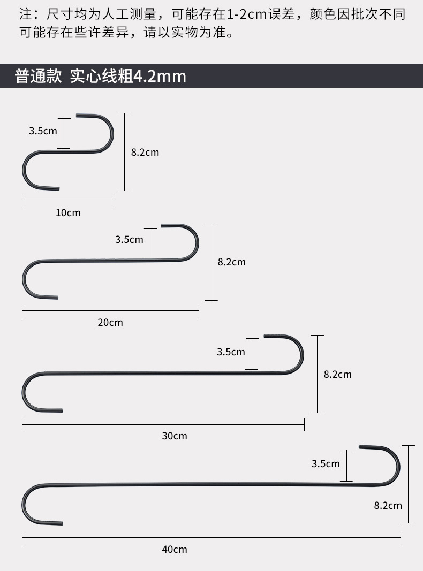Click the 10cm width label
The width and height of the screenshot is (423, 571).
click(68, 213)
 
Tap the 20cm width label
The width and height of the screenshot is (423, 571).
click(110, 322)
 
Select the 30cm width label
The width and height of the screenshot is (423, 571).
click(175, 436)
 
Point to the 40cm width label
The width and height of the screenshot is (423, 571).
click(175, 549)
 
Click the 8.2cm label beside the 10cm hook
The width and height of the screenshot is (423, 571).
click(145, 153)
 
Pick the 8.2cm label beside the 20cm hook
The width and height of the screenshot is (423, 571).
click(231, 262)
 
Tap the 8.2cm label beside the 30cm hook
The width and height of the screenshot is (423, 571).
click(337, 375)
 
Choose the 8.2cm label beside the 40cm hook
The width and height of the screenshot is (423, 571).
click(388, 505)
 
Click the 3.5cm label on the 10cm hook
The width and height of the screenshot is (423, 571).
click(43, 131)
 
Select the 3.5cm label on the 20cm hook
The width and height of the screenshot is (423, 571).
click(129, 239)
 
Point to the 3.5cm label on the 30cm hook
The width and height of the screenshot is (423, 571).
click(231, 352)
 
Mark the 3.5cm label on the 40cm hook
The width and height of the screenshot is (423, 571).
click(326, 464)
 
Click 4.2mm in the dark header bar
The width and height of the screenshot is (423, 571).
click(160, 77)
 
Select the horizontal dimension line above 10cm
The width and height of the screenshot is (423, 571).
click(69, 201)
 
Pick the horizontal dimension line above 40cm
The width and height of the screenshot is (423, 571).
click(211, 537)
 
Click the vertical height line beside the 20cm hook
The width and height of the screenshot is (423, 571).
click(211, 262)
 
